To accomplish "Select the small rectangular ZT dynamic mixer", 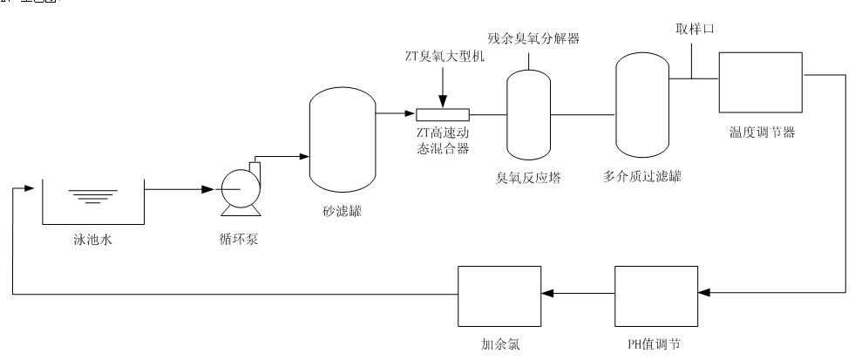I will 443,114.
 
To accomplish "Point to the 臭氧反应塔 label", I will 530,178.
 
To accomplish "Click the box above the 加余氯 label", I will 494,295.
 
